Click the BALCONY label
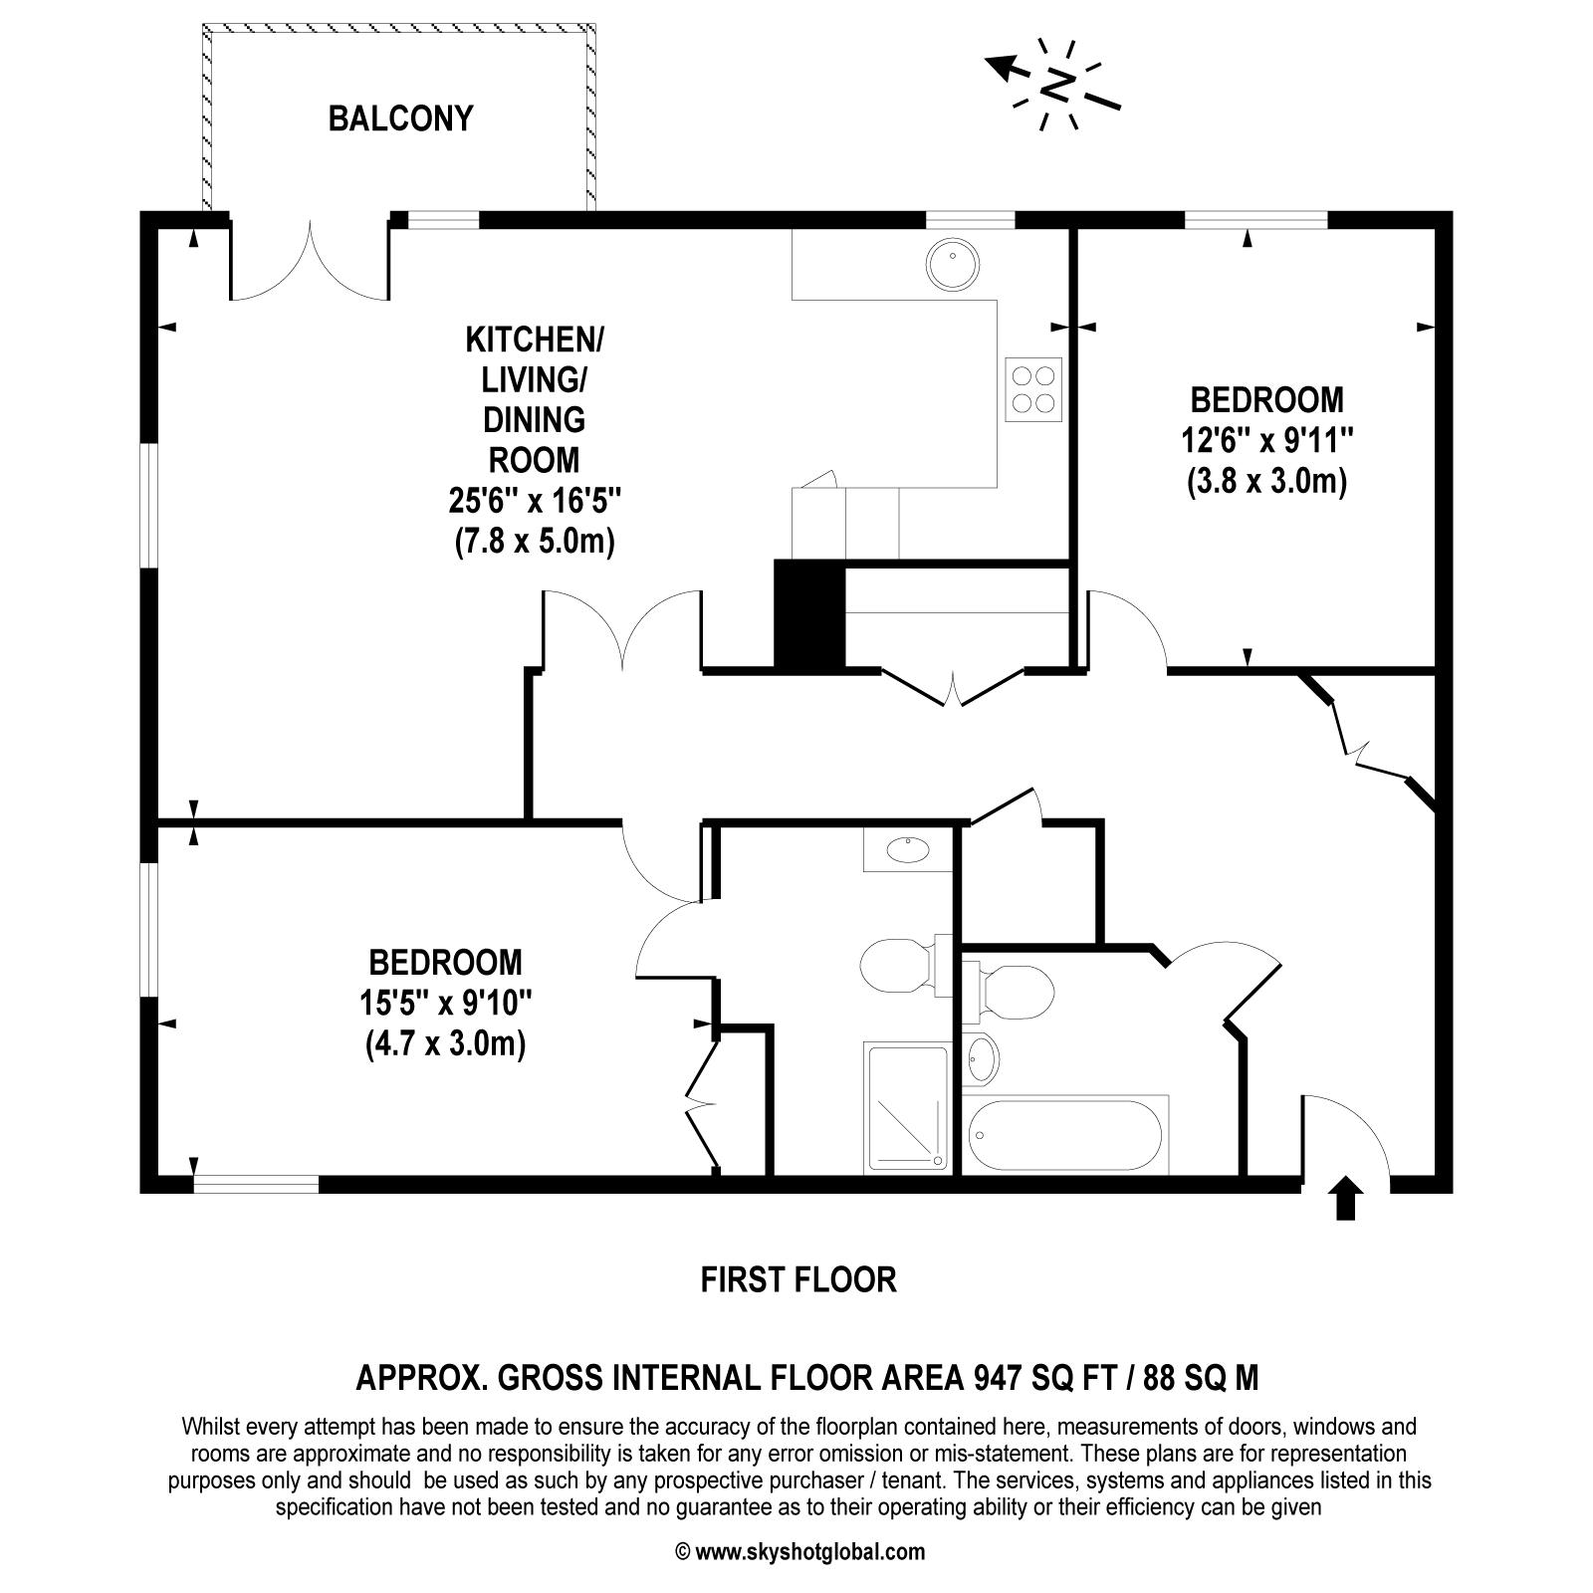[x=400, y=118]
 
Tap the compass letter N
[x=1058, y=84]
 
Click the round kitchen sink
[x=952, y=264]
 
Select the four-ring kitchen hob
[x=1032, y=388]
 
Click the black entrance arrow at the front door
[x=1345, y=1198]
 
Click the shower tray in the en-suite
[x=907, y=1104]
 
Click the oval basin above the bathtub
[x=982, y=1058]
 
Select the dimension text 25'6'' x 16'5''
[x=535, y=500]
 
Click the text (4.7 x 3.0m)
[x=444, y=1044]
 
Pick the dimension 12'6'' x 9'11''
[x=1266, y=440]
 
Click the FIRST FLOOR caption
[x=798, y=1279]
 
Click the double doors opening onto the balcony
[x=310, y=264]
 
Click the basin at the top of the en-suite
[x=907, y=849]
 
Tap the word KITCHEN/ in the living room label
[x=535, y=341]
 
